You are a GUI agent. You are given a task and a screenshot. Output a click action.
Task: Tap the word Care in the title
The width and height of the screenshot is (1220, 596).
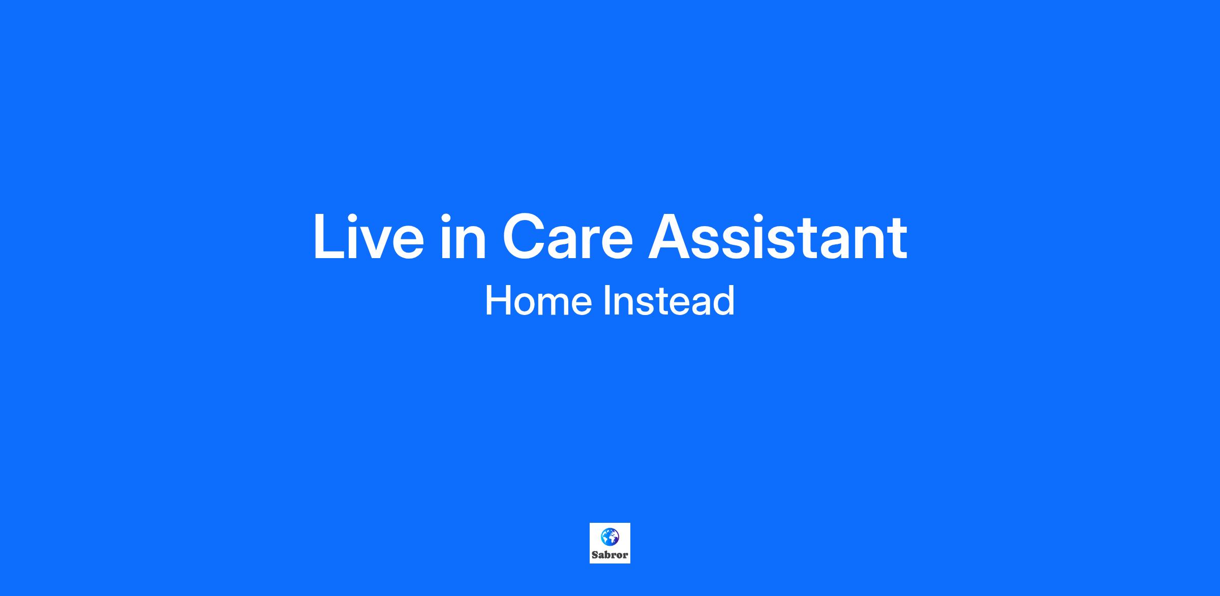click(x=568, y=237)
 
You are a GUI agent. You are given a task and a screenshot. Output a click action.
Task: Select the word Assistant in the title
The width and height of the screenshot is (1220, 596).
click(x=778, y=237)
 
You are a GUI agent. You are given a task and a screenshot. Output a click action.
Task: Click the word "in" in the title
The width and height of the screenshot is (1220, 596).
click(x=463, y=237)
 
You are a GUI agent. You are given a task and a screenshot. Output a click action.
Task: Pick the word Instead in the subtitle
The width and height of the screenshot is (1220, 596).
click(x=669, y=300)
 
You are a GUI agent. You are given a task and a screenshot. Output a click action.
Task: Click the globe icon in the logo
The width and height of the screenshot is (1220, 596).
click(x=609, y=537)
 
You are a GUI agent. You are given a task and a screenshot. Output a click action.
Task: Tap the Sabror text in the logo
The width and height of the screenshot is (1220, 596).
click(x=609, y=555)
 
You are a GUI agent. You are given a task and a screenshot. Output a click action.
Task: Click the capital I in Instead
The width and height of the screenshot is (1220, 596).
click(x=607, y=300)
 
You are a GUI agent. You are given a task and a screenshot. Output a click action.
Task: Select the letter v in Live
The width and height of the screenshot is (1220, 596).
click(x=383, y=243)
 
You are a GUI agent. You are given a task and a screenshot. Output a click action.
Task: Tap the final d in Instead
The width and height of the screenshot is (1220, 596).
click(x=724, y=300)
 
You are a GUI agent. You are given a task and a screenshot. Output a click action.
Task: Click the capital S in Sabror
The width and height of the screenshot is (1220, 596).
click(x=595, y=555)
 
